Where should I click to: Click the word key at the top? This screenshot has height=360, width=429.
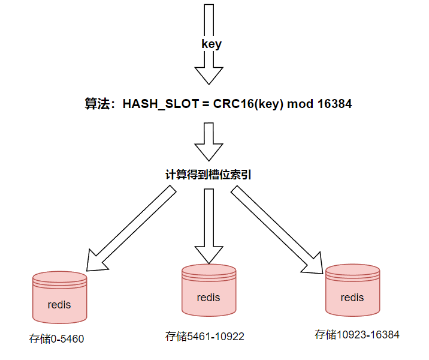click(x=212, y=44)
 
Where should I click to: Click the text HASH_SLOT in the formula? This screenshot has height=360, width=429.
click(x=161, y=104)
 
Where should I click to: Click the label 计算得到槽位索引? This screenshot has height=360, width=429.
click(x=208, y=175)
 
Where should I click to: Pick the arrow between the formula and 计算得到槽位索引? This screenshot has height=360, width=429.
click(x=209, y=142)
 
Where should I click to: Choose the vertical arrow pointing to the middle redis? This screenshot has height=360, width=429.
click(x=209, y=225)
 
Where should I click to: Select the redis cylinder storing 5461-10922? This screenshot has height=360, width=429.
click(x=208, y=292)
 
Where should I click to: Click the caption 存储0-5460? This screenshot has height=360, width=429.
click(x=56, y=339)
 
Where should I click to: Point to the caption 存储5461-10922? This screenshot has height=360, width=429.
click(x=205, y=336)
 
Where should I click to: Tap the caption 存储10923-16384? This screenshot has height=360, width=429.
click(x=357, y=334)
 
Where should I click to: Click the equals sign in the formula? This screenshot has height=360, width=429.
click(x=204, y=104)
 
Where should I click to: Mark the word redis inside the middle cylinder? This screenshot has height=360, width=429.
click(x=208, y=298)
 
